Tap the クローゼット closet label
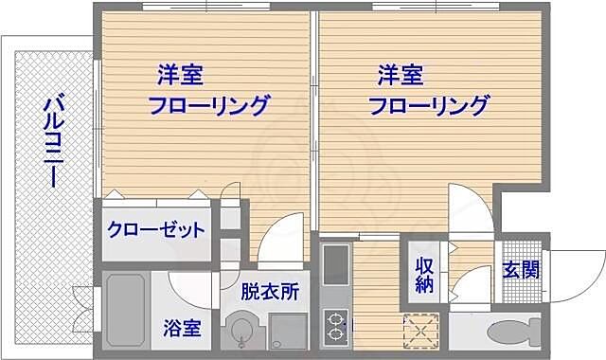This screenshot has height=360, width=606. pyautogui.click(x=155, y=229)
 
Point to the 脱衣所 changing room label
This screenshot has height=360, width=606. pyautogui.click(x=270, y=291)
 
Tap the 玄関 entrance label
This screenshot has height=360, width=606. pyautogui.click(x=521, y=269)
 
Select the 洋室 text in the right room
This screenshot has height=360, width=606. pyautogui.click(x=401, y=74)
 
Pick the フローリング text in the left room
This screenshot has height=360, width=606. pyautogui.click(x=208, y=104)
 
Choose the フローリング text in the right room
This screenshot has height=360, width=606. pyautogui.click(x=429, y=104)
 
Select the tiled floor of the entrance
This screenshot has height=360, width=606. pyautogui.click(x=520, y=284)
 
